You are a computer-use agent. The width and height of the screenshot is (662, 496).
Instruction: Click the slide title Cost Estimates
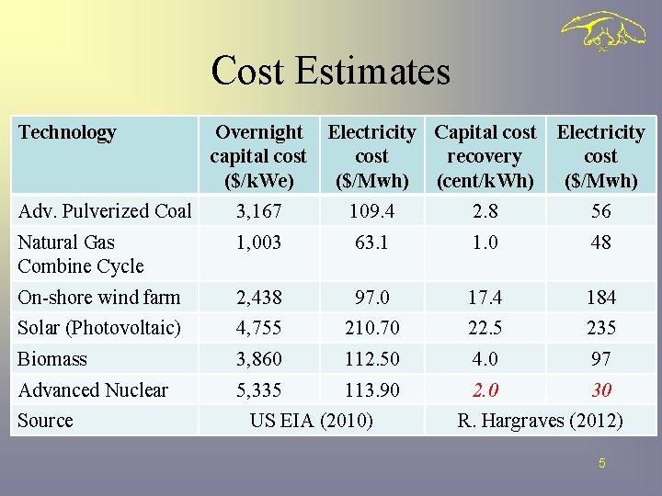click(330, 71)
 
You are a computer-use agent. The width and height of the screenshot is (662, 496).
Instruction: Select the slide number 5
click(601, 464)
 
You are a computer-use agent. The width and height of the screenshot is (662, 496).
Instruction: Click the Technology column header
click(67, 132)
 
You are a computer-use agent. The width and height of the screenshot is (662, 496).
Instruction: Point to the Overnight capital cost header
click(258, 156)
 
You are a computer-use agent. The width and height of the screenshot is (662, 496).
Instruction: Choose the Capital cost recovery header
click(485, 156)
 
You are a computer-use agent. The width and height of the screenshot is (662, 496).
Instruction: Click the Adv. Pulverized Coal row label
click(104, 210)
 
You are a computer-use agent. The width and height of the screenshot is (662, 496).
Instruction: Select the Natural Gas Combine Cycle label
click(81, 254)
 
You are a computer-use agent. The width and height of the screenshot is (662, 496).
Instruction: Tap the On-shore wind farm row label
click(99, 297)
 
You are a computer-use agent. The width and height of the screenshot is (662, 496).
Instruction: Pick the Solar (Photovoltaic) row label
click(99, 328)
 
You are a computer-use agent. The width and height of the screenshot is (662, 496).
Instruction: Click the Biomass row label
click(52, 359)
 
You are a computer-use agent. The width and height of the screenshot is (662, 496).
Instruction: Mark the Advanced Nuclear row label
click(93, 390)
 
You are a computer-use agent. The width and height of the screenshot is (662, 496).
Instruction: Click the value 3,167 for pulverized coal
click(258, 211)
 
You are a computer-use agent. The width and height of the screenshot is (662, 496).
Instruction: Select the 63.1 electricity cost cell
click(371, 242)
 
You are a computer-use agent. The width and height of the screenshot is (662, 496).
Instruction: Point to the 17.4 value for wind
click(485, 298)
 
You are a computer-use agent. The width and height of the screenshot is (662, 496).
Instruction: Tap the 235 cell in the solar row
click(600, 328)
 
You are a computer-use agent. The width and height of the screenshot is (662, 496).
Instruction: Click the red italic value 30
click(600, 390)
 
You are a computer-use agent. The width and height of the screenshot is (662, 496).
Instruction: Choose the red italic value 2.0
click(485, 390)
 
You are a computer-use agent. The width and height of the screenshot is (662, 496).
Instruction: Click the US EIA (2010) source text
click(312, 421)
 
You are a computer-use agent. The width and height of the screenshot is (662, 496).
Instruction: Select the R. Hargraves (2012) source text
click(540, 421)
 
